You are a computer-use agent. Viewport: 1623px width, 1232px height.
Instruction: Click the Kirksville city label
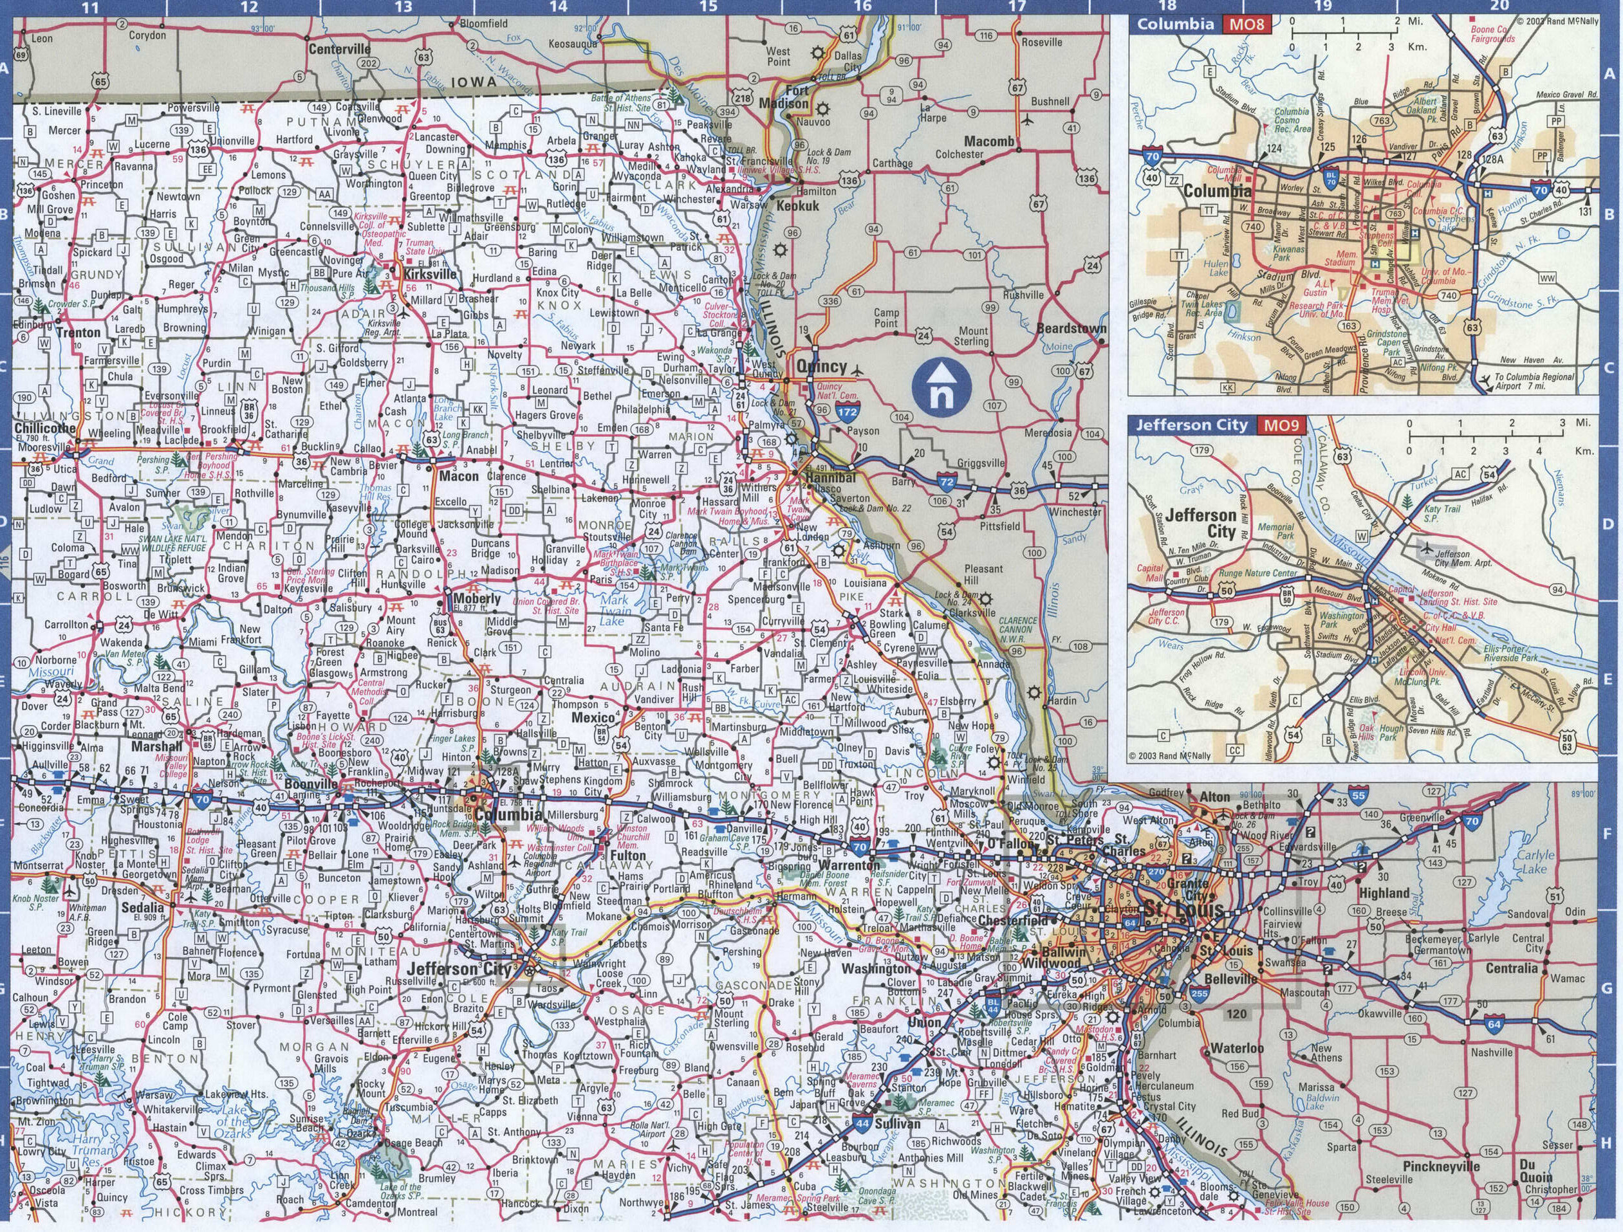pyautogui.click(x=429, y=273)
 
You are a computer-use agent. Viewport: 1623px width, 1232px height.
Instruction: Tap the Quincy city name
pyautogui.click(x=821, y=367)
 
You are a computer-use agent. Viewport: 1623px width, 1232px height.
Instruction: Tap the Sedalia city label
pyautogui.click(x=142, y=906)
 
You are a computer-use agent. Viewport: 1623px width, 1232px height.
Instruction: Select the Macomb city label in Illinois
pyautogui.click(x=989, y=141)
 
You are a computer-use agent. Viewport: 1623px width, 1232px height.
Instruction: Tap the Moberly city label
pyautogui.click(x=477, y=598)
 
